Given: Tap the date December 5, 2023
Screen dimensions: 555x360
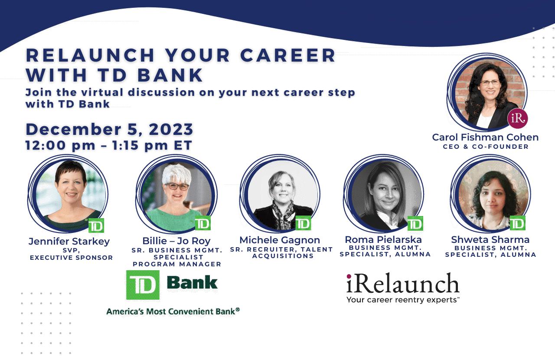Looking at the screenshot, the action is [109, 129].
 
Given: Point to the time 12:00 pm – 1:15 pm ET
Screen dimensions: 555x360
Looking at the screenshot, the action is [109, 145].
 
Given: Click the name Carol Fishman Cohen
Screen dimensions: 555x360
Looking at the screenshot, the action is [485, 137].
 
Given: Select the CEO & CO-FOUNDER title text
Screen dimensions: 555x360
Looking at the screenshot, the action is [486, 147].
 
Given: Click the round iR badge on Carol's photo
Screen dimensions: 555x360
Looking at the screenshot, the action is [518, 118].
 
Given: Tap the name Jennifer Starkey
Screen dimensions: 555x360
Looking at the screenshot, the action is [69, 241].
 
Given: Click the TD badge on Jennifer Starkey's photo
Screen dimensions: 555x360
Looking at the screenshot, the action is [96, 226].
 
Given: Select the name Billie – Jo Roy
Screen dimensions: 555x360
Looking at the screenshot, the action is [176, 241].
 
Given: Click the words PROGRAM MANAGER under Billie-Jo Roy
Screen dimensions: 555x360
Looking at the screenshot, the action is [177, 264].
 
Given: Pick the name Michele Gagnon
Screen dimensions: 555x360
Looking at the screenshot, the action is [280, 240].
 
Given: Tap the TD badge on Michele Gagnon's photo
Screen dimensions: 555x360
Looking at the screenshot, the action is [303, 223].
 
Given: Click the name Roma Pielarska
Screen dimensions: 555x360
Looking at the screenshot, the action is [383, 239].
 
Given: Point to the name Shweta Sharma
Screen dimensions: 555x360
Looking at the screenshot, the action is [490, 239].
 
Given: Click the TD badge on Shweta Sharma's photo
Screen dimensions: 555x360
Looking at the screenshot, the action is [517, 223].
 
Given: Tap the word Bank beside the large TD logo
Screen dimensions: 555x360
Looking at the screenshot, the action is [192, 283].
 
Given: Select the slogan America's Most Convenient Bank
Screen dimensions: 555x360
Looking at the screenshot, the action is [173, 311].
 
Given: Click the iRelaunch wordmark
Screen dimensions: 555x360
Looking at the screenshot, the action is [403, 283].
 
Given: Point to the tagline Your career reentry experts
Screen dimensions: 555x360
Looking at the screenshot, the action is [403, 300].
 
